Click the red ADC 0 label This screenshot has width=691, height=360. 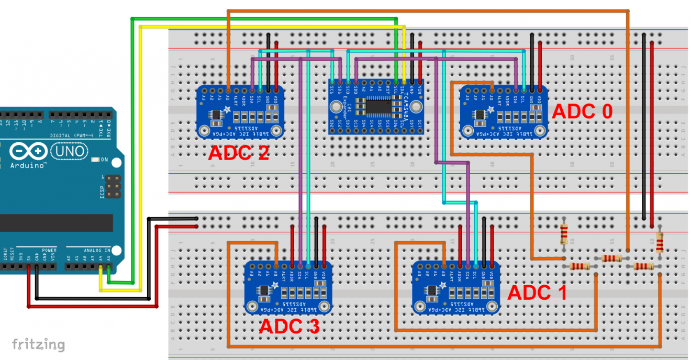point(582,111)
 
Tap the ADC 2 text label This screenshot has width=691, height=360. point(238,152)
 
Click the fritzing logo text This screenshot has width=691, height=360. point(38,345)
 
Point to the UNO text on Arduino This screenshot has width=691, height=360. point(69,152)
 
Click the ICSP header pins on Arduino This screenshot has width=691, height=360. point(112,187)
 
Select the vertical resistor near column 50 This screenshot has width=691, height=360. point(564,234)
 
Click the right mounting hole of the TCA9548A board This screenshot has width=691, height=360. point(415,108)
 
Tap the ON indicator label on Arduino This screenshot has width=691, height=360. point(104,160)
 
